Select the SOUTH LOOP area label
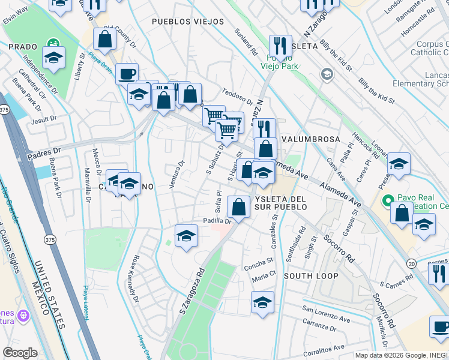click(311, 276)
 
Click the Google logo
click(20, 352)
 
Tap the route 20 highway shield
click(411, 263)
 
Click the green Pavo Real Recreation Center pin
click(388, 200)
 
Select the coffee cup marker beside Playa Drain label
click(126, 74)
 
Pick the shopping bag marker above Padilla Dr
click(239, 207)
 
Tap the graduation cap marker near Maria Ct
click(262, 302)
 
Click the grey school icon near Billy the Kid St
click(327, 74)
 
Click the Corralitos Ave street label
click(323, 347)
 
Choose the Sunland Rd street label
click(246, 41)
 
